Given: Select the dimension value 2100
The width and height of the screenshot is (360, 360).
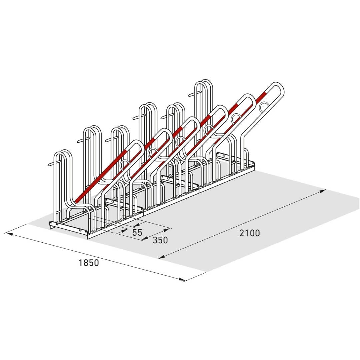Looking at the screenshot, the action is pyautogui.click(x=250, y=233).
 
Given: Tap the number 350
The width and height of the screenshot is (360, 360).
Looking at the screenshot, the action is pyautogui.click(x=160, y=240).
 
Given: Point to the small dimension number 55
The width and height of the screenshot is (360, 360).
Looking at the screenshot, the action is pyautogui.click(x=137, y=232).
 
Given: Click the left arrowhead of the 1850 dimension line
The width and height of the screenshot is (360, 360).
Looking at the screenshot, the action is pyautogui.click(x=8, y=234).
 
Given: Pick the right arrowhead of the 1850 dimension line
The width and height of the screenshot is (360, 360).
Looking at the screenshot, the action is pyautogui.click(x=181, y=279).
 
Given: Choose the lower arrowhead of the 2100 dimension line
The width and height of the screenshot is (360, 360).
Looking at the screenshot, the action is pyautogui.click(x=162, y=257).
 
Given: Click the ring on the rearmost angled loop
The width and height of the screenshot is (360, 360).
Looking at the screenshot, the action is pyautogui.click(x=264, y=106).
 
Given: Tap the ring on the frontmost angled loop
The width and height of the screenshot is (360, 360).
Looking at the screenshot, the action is pyautogui.click(x=125, y=164).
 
